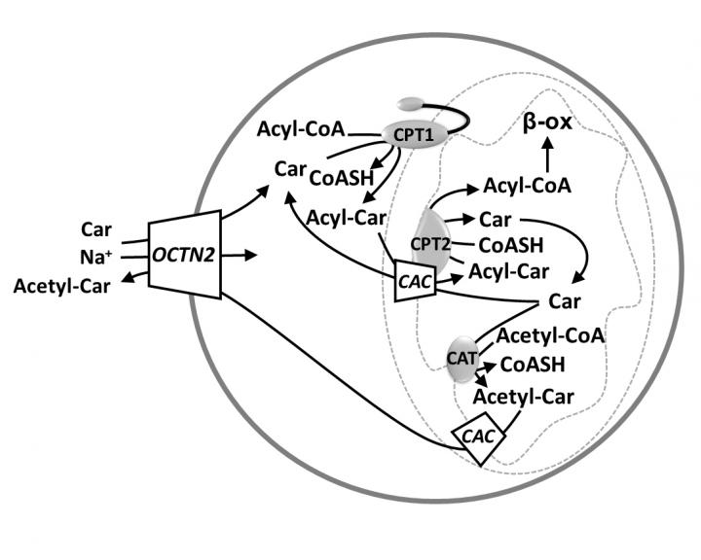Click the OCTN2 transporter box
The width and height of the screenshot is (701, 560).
click(184, 255)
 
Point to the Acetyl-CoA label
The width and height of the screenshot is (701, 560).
click(551, 336)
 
